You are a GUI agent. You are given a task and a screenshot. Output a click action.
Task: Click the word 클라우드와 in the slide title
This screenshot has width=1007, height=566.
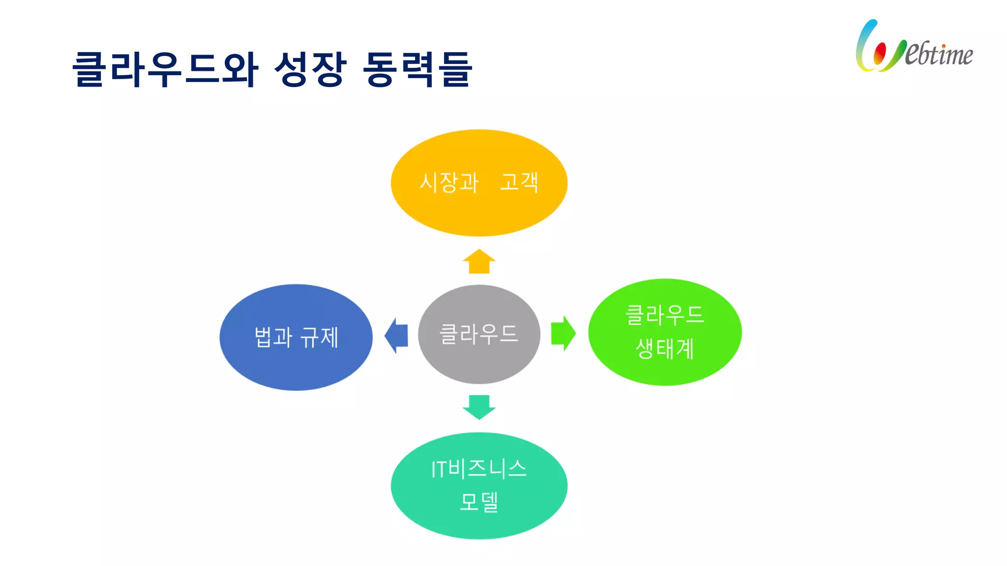pyautogui.click(x=165, y=69)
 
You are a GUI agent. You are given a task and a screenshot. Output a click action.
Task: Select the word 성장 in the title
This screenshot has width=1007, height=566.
pyautogui.click(x=310, y=69)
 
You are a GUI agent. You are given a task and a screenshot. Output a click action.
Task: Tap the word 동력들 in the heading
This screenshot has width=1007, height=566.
pyautogui.click(x=417, y=69)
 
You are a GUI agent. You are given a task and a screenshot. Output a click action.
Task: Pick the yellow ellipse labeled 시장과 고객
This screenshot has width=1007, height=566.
pyautogui.click(x=479, y=211)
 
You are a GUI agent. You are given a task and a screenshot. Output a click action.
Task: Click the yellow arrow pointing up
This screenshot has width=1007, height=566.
pyautogui.click(x=479, y=262)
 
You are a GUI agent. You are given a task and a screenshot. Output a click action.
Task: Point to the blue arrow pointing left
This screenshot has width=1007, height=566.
pyautogui.click(x=396, y=336)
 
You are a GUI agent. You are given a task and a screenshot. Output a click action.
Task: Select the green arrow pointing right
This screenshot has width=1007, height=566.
pyautogui.click(x=563, y=333)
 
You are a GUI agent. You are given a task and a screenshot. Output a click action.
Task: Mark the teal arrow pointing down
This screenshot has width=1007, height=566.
pyautogui.click(x=479, y=407)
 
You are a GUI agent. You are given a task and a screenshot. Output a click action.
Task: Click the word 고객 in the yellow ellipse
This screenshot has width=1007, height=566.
pyautogui.click(x=519, y=182)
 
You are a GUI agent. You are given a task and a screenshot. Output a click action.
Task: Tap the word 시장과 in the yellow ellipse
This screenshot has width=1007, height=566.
pyautogui.click(x=449, y=182)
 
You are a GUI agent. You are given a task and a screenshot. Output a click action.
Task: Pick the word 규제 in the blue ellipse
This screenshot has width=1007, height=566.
pyautogui.click(x=319, y=338)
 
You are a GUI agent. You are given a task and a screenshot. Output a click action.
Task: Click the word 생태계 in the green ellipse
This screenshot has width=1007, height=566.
pyautogui.click(x=665, y=349)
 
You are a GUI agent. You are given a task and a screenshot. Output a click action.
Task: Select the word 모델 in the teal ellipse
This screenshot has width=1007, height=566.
pyautogui.click(x=479, y=502)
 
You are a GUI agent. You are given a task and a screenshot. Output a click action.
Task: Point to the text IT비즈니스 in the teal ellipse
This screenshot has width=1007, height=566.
pyautogui.click(x=479, y=469)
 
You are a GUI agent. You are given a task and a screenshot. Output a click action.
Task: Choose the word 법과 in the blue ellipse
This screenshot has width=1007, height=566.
pyautogui.click(x=273, y=338)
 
